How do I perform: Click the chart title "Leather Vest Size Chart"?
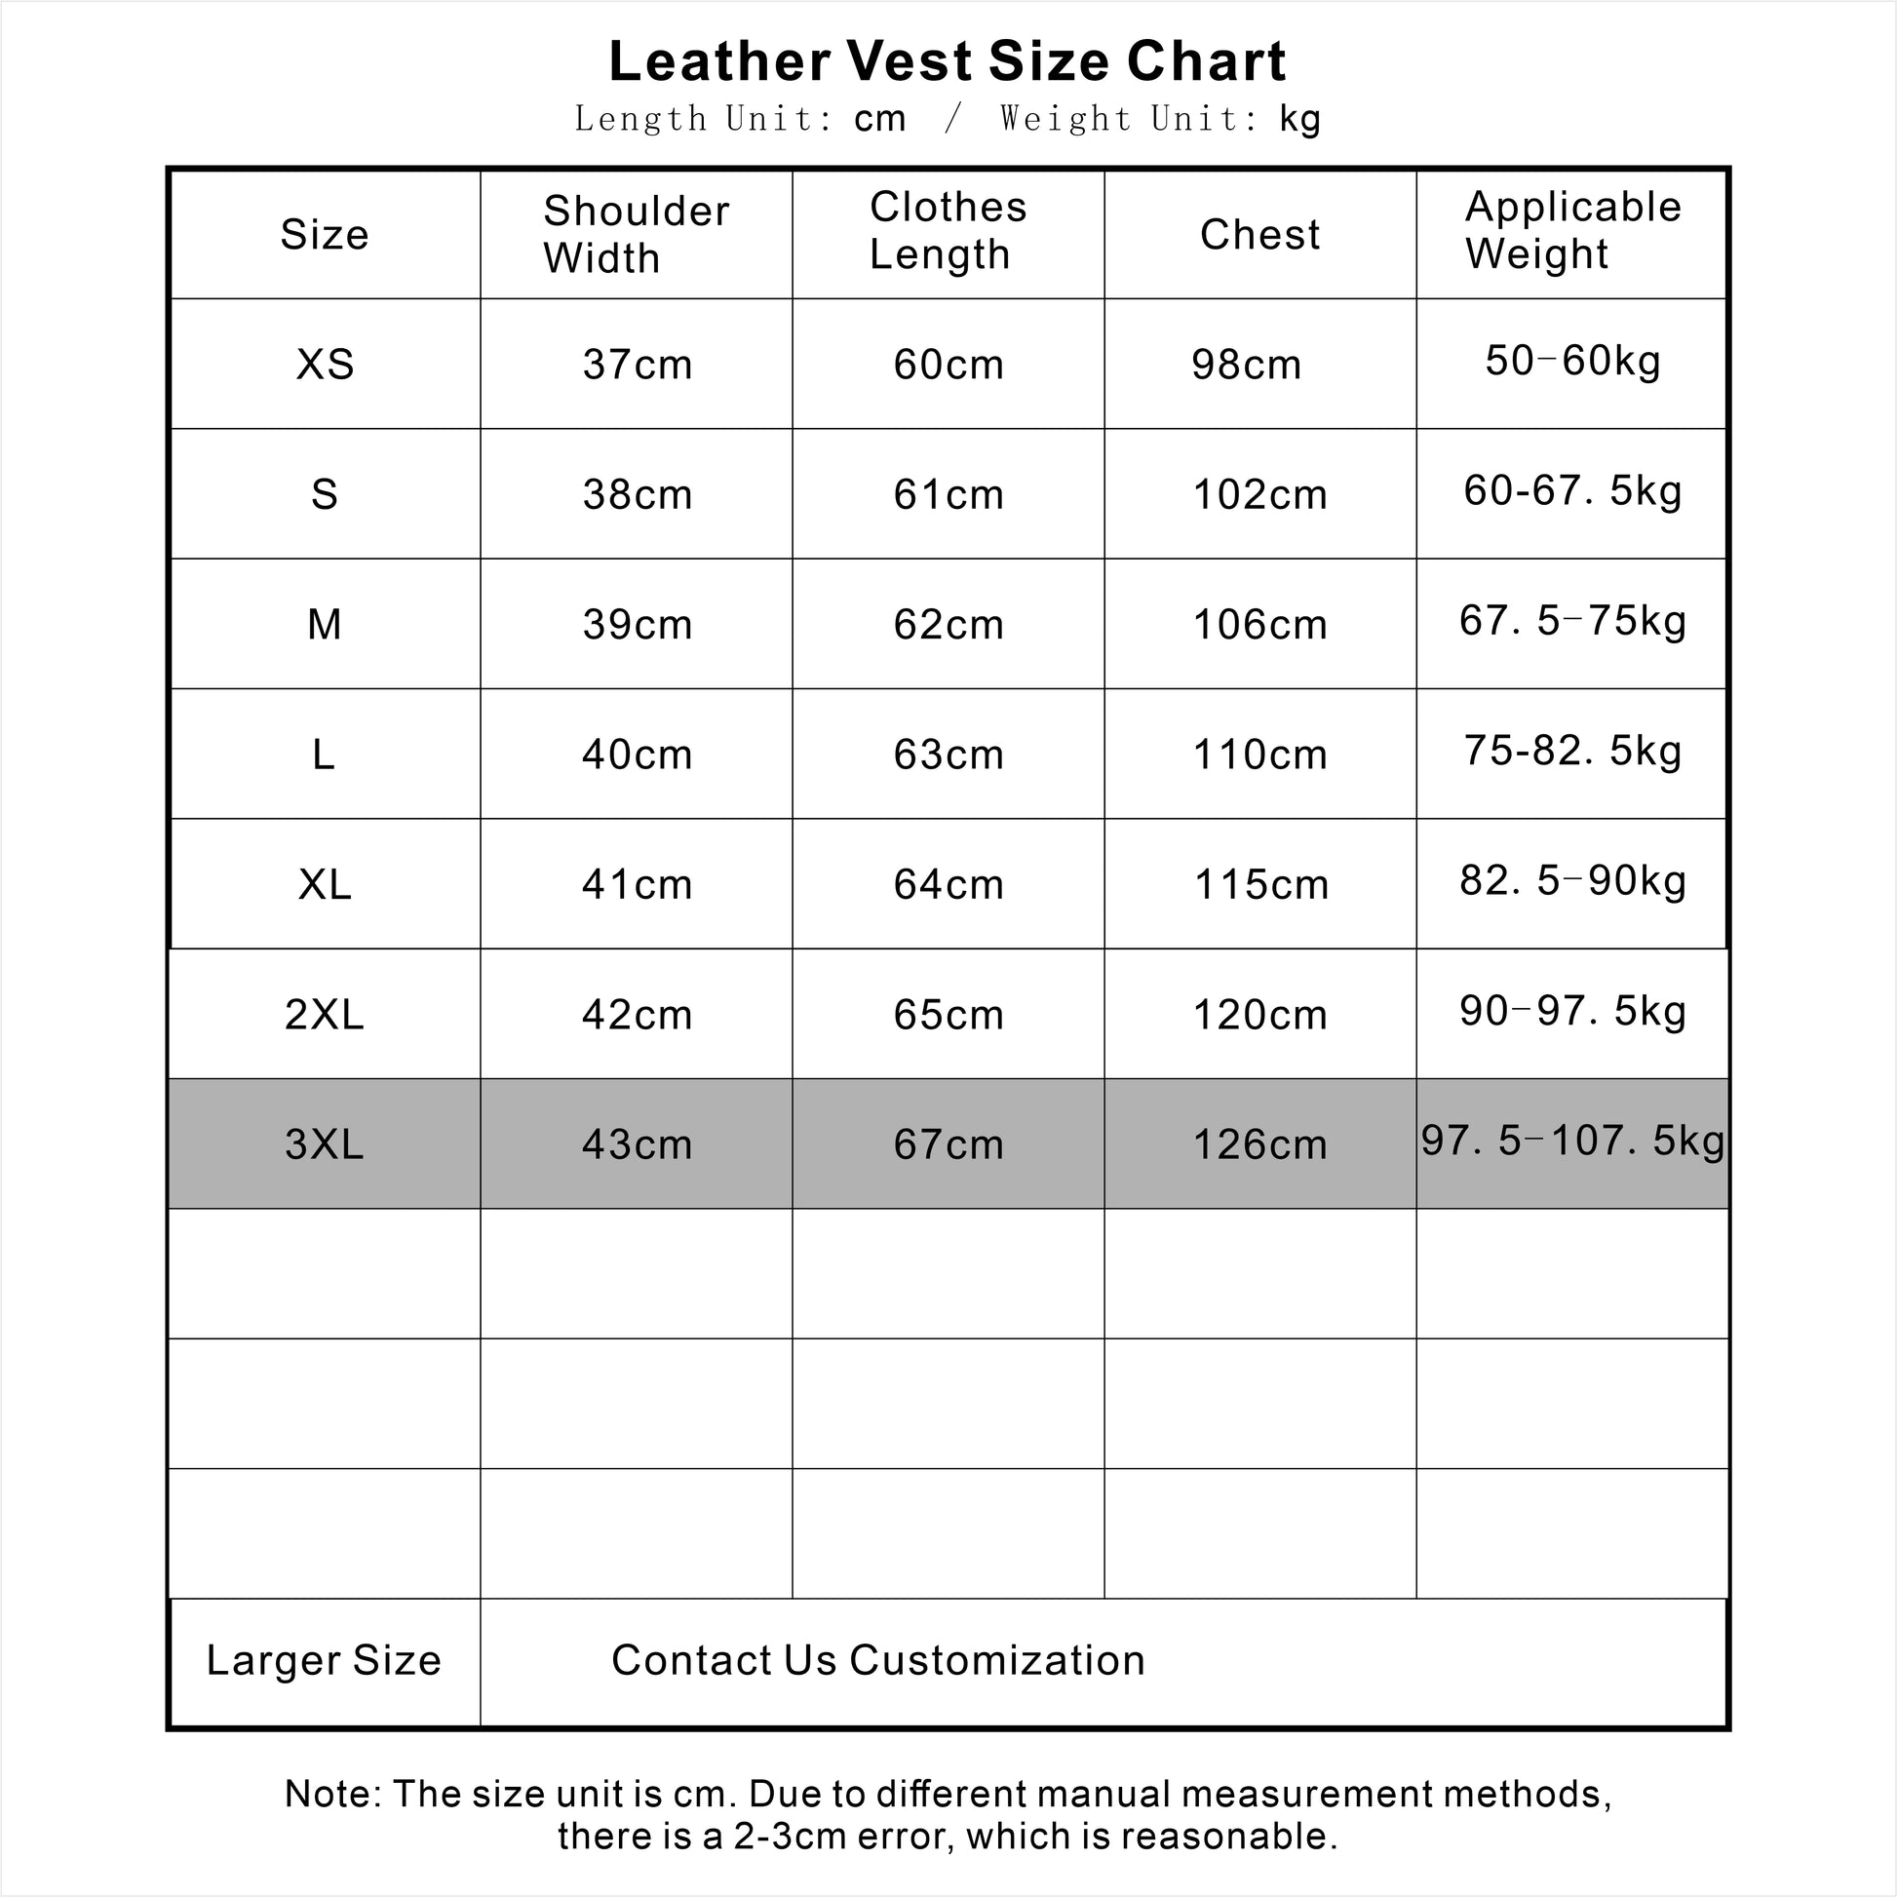[x=947, y=60]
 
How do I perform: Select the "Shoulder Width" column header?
[x=637, y=235]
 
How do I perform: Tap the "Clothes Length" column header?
[x=948, y=231]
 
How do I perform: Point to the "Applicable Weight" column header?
[x=1572, y=231]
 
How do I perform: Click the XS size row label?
[x=325, y=365]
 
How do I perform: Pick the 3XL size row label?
[x=324, y=1144]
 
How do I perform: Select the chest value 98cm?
[x=1246, y=366]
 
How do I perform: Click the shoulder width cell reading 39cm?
[x=638, y=625]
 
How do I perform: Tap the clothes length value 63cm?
[x=948, y=755]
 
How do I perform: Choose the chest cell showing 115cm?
[x=1260, y=885]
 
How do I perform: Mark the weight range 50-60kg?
[x=1573, y=361]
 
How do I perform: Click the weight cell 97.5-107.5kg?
[x=1572, y=1141]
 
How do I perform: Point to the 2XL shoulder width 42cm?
[x=638, y=1014]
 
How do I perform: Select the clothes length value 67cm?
[x=948, y=1144]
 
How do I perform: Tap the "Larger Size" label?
[x=324, y=1660]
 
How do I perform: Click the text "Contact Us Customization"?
[x=877, y=1660]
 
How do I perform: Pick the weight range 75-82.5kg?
[x=1573, y=751]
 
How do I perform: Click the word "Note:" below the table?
[x=332, y=1794]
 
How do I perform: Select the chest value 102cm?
[x=1259, y=495]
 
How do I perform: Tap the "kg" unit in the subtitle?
[x=1300, y=119]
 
